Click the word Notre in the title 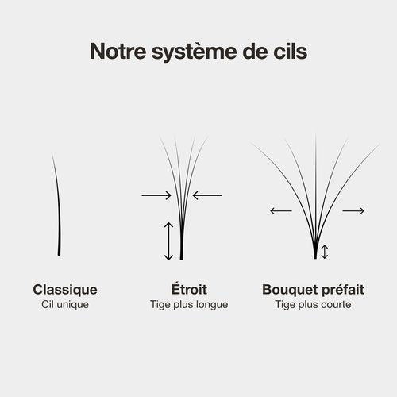click(118, 51)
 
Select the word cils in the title click(291, 51)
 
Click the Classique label click(65, 290)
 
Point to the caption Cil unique click(65, 304)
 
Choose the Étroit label click(189, 288)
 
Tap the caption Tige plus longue click(189, 305)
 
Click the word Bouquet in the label click(287, 290)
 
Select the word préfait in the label click(340, 289)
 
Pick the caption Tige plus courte click(313, 305)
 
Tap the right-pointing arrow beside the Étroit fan click(156, 195)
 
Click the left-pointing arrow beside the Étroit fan click(207, 195)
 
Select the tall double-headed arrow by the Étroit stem click(168, 241)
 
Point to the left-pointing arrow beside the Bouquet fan click(281, 211)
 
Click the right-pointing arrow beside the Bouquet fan click(353, 211)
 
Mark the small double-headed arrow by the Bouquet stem click(325, 252)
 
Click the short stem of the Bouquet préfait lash click(315, 252)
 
